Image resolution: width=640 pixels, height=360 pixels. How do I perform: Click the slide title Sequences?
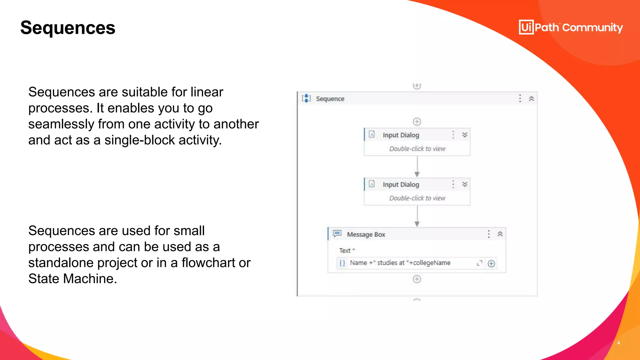[68, 28]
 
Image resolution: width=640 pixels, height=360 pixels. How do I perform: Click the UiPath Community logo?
[571, 27]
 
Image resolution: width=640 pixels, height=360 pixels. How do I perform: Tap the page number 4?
[618, 343]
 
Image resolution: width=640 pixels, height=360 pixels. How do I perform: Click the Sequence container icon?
[306, 98]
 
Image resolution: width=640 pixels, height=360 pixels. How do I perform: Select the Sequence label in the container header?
[330, 99]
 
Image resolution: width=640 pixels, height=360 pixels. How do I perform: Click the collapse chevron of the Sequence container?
[531, 99]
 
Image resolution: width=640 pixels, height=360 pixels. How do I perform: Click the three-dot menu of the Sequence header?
[520, 98]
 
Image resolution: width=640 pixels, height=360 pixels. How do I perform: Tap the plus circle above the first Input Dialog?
[417, 121]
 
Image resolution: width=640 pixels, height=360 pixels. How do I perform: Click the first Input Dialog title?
[401, 135]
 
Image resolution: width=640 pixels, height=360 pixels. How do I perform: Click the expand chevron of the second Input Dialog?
[465, 184]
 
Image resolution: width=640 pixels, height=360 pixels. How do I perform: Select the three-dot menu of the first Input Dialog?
[453, 135]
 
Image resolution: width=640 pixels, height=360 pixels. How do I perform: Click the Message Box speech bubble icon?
[337, 234]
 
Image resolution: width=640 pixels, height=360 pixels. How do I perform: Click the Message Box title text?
[366, 234]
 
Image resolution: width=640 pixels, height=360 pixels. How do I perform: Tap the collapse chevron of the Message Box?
[500, 234]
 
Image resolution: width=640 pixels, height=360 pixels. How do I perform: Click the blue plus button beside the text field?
[491, 263]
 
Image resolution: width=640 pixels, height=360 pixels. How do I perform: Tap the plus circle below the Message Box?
[417, 279]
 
